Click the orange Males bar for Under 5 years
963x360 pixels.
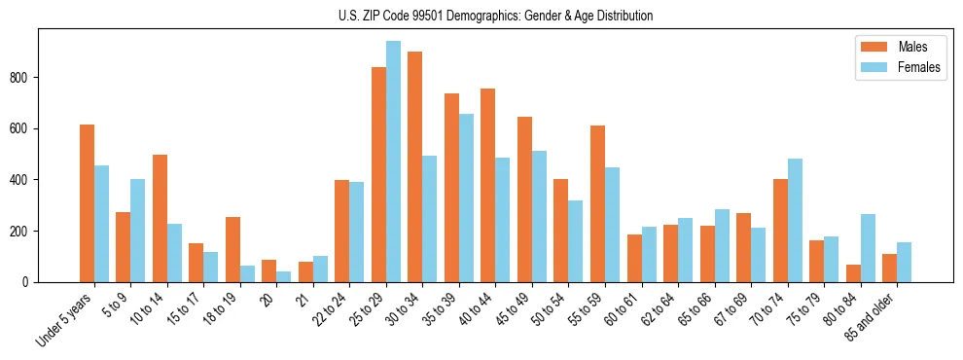click(x=87, y=203)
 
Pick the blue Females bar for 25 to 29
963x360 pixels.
click(x=393, y=162)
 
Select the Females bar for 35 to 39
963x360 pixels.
click(x=466, y=198)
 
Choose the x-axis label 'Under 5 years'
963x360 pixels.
click(x=66, y=319)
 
